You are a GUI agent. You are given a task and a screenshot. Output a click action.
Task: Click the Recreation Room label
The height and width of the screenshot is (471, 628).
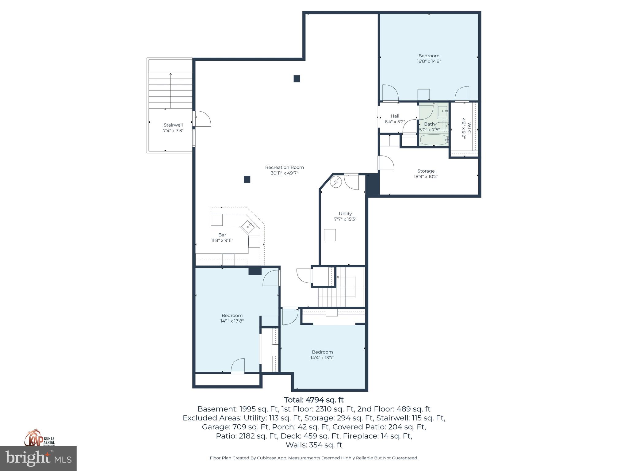click(284, 167)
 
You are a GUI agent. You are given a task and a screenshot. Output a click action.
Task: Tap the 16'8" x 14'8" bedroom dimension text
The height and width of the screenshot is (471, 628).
click(429, 61)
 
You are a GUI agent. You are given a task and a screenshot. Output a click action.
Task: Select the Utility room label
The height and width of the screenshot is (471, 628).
click(345, 214)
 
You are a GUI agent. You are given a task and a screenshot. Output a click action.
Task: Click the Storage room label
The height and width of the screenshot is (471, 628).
click(426, 171)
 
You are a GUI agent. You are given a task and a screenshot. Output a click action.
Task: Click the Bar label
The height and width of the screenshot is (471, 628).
click(222, 235)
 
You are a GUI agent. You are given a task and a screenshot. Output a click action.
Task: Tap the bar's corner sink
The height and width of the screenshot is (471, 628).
click(247, 227)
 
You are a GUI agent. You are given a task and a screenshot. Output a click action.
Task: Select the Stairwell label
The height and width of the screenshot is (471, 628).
click(173, 125)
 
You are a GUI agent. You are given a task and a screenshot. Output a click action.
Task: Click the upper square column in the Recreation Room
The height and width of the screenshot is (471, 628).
click(297, 79)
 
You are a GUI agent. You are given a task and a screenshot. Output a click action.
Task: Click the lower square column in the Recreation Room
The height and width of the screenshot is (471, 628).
click(247, 179)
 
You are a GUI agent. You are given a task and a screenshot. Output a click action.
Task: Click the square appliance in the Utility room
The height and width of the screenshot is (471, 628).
click(330, 235)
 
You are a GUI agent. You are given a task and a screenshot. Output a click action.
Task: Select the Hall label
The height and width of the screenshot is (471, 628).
click(395, 116)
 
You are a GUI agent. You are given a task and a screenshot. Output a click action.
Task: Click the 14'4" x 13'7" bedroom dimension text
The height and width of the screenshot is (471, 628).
click(322, 358)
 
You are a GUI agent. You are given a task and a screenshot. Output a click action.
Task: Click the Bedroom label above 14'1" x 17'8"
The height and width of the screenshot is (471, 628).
click(232, 316)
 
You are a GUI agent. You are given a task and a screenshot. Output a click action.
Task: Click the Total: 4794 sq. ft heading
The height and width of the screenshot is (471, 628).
click(314, 400)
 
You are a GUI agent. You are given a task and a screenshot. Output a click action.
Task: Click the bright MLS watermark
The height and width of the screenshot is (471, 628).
click(38, 458)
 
